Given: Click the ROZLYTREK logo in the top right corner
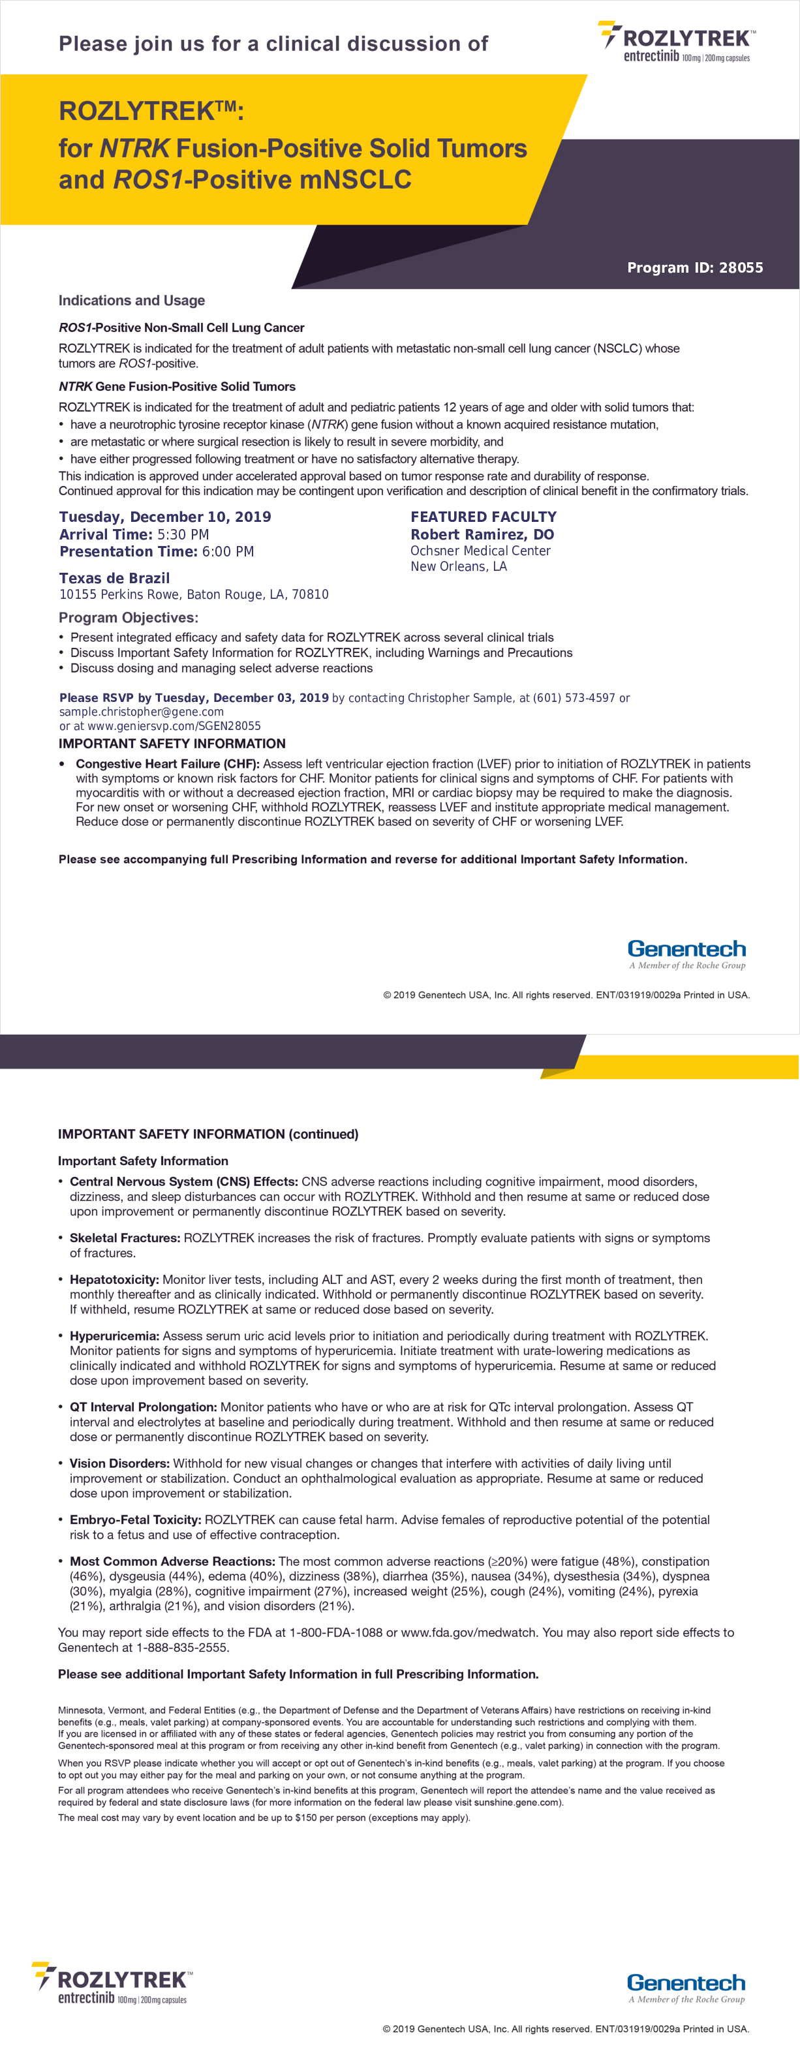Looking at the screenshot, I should tap(677, 42).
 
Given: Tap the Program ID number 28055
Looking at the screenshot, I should tap(741, 268).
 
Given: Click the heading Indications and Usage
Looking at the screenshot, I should tap(132, 301).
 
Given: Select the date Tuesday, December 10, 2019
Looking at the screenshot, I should tap(164, 517).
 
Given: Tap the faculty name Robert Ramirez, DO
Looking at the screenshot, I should tap(482, 535).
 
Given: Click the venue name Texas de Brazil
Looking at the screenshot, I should tap(114, 578).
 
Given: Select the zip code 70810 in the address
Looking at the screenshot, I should tap(309, 595).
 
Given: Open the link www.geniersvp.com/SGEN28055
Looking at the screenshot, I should tap(174, 725).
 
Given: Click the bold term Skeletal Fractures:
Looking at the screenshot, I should tap(125, 1238).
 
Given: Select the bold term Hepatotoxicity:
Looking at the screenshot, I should tap(114, 1280).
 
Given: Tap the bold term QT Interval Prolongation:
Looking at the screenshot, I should tap(143, 1407).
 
